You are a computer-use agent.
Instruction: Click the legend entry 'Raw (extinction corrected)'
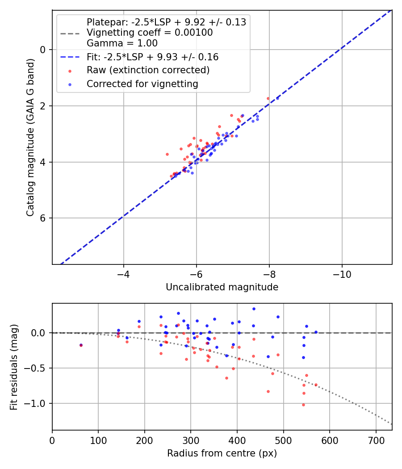(x=148, y=70)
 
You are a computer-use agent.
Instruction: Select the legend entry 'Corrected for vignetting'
(x=142, y=84)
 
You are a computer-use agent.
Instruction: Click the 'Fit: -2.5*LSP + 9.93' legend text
(x=152, y=57)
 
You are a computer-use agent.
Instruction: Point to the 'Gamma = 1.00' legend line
(x=122, y=43)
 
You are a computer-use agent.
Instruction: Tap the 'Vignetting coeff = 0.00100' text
(x=150, y=33)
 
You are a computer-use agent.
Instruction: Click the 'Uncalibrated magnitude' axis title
(x=222, y=287)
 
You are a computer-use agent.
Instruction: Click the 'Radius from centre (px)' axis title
(x=222, y=453)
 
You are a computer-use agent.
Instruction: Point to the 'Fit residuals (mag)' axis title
(x=14, y=367)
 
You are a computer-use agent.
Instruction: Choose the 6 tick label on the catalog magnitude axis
(x=43, y=218)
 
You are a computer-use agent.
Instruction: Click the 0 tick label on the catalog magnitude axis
(x=43, y=50)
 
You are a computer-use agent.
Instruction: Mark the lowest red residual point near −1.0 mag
(x=303, y=405)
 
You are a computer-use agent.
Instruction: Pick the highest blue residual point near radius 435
(x=254, y=309)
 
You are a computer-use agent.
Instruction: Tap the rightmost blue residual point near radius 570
(x=316, y=332)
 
